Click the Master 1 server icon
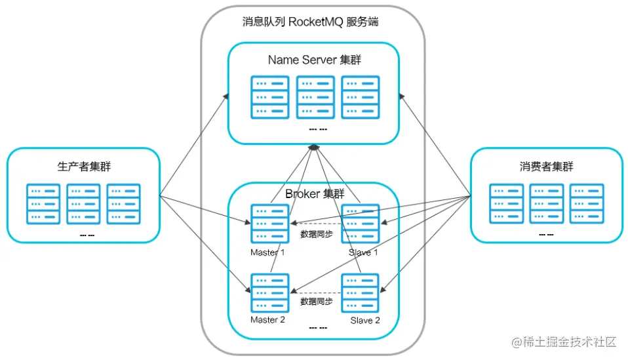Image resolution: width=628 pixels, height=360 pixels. click(x=269, y=224)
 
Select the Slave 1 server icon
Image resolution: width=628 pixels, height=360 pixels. click(x=360, y=224)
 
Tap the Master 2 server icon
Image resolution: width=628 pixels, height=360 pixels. click(x=269, y=292)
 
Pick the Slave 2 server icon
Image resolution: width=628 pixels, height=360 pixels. click(x=360, y=292)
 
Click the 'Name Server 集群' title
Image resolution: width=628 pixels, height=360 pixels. click(x=315, y=60)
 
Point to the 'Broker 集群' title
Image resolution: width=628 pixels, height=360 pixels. click(x=315, y=194)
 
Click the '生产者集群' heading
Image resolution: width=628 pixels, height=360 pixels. click(x=84, y=166)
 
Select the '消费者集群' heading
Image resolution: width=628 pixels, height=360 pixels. click(x=546, y=166)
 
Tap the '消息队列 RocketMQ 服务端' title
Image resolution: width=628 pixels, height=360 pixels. click(x=311, y=22)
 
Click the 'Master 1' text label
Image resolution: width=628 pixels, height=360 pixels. click(x=267, y=252)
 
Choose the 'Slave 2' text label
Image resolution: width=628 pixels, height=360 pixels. click(x=365, y=321)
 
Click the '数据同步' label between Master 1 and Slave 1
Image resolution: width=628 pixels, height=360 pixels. click(x=317, y=234)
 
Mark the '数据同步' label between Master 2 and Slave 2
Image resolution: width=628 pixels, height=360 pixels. click(x=317, y=301)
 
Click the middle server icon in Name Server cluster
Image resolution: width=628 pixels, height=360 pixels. click(x=315, y=97)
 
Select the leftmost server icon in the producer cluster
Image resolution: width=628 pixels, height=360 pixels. click(x=43, y=204)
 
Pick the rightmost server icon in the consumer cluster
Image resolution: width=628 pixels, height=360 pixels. click(x=587, y=203)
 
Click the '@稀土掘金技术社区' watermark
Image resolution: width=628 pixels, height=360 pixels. click(x=564, y=342)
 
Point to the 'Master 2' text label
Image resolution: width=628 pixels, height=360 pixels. click(x=267, y=319)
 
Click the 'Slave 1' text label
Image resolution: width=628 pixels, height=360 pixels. click(x=363, y=252)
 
